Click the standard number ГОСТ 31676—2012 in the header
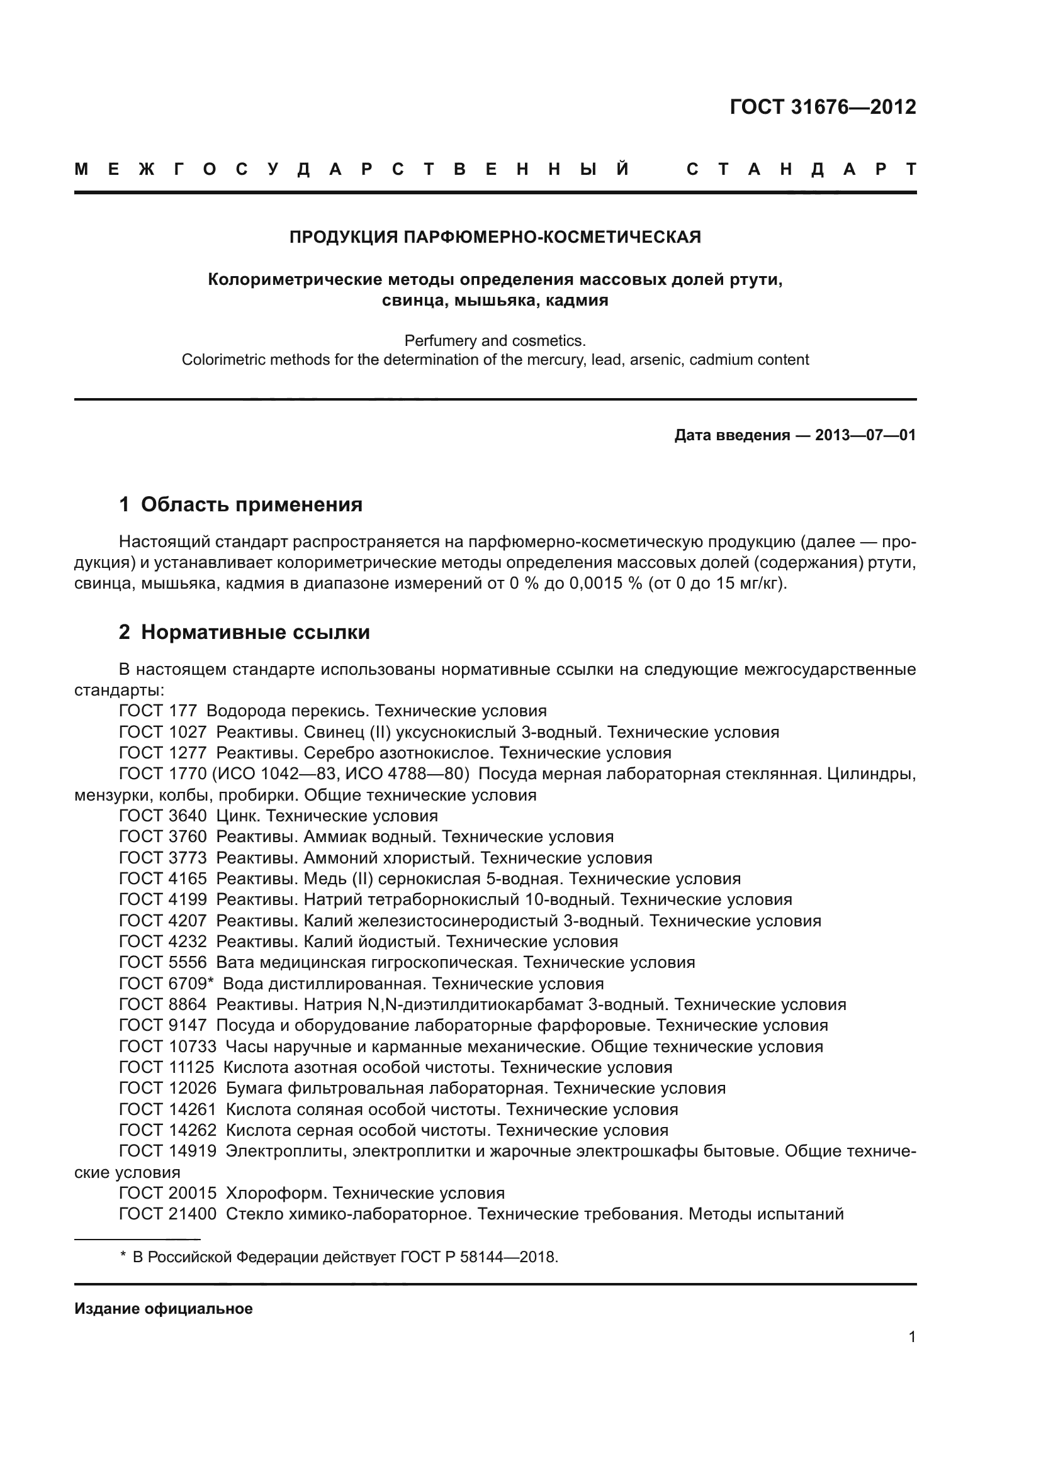(x=823, y=107)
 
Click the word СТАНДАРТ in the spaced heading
(x=801, y=169)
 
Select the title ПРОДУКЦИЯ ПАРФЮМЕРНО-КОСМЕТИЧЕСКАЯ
(x=495, y=237)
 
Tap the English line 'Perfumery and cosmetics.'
(x=495, y=341)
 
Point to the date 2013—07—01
(x=865, y=436)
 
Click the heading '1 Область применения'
(x=240, y=504)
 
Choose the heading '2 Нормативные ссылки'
(x=244, y=632)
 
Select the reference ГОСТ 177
(x=158, y=711)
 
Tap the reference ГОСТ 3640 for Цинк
(x=163, y=816)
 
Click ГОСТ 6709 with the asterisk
(x=166, y=984)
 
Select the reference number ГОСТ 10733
(x=167, y=1047)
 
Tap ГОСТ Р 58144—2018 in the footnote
(x=478, y=1257)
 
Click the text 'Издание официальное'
(x=164, y=1308)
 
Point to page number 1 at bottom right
(x=911, y=1336)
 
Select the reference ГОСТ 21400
(x=167, y=1214)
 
